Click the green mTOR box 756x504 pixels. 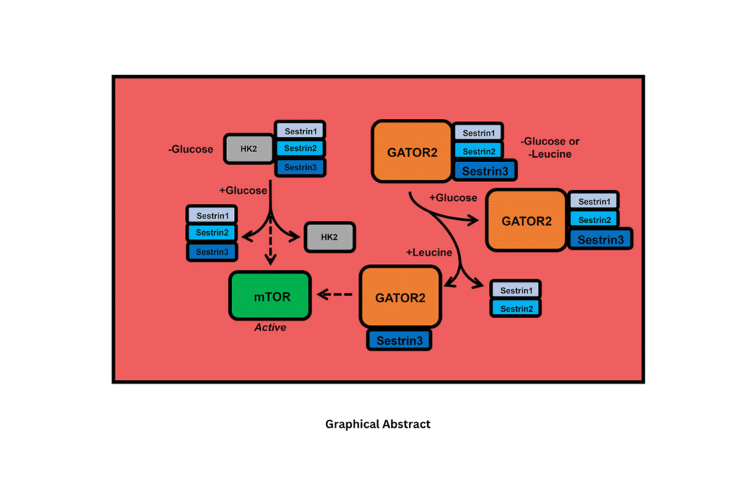pyautogui.click(x=270, y=296)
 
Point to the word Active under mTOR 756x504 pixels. pyautogui.click(x=270, y=328)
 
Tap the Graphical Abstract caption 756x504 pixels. pyautogui.click(x=377, y=424)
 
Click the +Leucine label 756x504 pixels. pyautogui.click(x=429, y=252)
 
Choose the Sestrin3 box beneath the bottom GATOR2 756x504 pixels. pyautogui.click(x=399, y=340)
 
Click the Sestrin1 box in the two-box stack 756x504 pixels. pyautogui.click(x=515, y=291)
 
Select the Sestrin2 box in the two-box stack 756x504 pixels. pyautogui.click(x=515, y=309)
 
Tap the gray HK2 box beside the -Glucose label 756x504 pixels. pyautogui.click(x=249, y=149)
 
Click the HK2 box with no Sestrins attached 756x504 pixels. pyautogui.click(x=329, y=237)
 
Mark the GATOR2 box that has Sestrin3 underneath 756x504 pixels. pyautogui.click(x=400, y=297)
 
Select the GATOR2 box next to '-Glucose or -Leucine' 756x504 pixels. pyautogui.click(x=412, y=152)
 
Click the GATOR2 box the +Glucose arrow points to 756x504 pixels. pyautogui.click(x=526, y=220)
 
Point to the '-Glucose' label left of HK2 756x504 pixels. pyautogui.click(x=191, y=150)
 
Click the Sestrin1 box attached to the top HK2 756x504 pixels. pyautogui.click(x=300, y=131)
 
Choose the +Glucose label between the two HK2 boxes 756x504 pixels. pyautogui.click(x=243, y=191)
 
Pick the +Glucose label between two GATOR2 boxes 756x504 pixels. pyautogui.click(x=453, y=198)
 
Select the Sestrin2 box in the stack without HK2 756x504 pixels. pyautogui.click(x=212, y=233)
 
